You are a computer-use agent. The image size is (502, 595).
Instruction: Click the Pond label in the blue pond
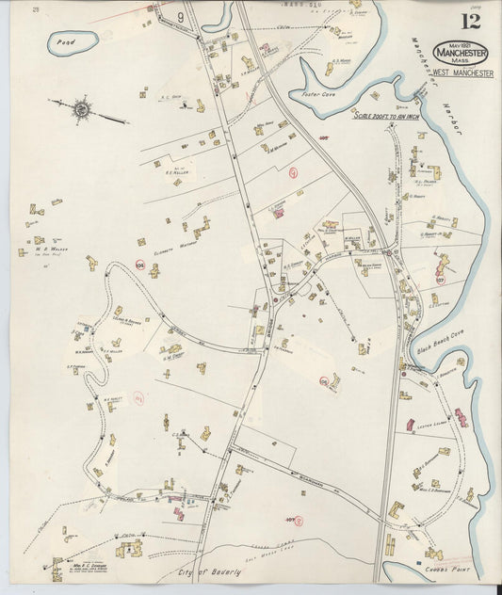(65, 42)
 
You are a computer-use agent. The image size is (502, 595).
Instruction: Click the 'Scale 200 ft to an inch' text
(391, 115)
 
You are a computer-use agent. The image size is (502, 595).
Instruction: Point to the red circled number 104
(139, 266)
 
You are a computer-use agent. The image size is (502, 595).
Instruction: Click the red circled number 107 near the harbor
(439, 280)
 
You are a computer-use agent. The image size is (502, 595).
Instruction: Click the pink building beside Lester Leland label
(461, 415)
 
